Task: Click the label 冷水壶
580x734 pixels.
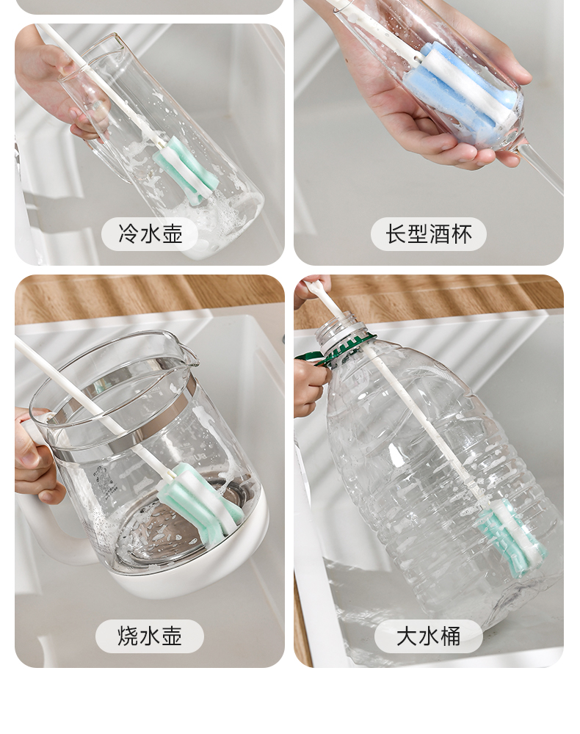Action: pos(150,233)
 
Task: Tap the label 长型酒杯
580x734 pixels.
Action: pos(428,233)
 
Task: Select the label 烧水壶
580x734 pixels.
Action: pos(149,636)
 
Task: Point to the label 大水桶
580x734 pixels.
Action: pos(428,636)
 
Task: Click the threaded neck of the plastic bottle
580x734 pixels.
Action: pos(338,332)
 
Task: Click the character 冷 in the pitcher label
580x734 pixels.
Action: pos(128,233)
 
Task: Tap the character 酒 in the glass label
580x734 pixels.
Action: pos(439,233)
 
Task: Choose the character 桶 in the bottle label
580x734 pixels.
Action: pos(450,636)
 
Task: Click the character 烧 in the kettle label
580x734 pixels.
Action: pos(128,636)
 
